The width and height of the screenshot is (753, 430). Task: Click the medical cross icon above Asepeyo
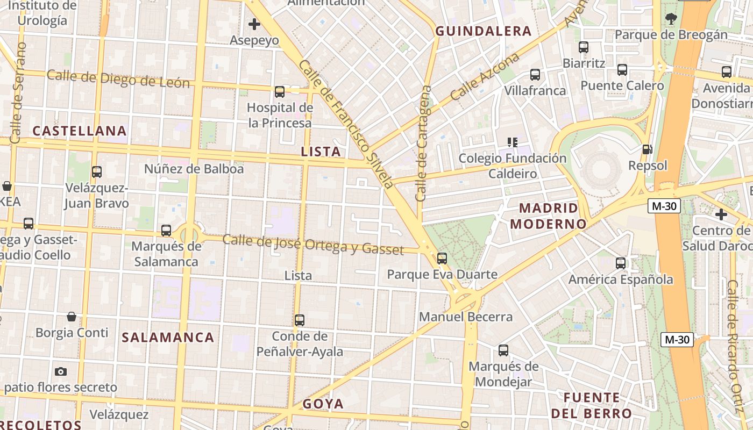[254, 24]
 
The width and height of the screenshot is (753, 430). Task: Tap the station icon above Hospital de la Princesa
[280, 91]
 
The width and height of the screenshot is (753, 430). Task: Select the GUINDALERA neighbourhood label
[484, 31]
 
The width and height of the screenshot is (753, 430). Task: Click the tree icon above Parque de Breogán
[671, 19]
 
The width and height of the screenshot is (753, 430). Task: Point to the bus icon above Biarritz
[584, 47]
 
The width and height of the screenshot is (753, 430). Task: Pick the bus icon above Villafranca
[535, 75]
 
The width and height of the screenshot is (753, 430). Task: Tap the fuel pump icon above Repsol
[648, 149]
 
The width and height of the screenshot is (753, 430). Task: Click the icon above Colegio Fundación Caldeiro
[513, 142]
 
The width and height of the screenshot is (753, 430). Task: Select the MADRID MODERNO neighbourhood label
[548, 216]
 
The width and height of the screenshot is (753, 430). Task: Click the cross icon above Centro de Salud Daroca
[721, 214]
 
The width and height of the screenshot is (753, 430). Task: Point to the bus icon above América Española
[621, 263]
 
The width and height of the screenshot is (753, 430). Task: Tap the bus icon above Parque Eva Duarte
[442, 259]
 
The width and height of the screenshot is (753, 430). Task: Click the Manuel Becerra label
[466, 317]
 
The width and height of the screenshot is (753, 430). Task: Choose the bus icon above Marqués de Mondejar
[503, 350]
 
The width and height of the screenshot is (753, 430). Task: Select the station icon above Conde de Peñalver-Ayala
[300, 320]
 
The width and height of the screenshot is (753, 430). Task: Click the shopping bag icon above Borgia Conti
[72, 316]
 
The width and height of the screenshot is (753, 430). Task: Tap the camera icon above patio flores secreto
[61, 371]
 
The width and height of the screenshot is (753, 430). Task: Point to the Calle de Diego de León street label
[118, 78]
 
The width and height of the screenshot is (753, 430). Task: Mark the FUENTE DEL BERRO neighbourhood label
[591, 406]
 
